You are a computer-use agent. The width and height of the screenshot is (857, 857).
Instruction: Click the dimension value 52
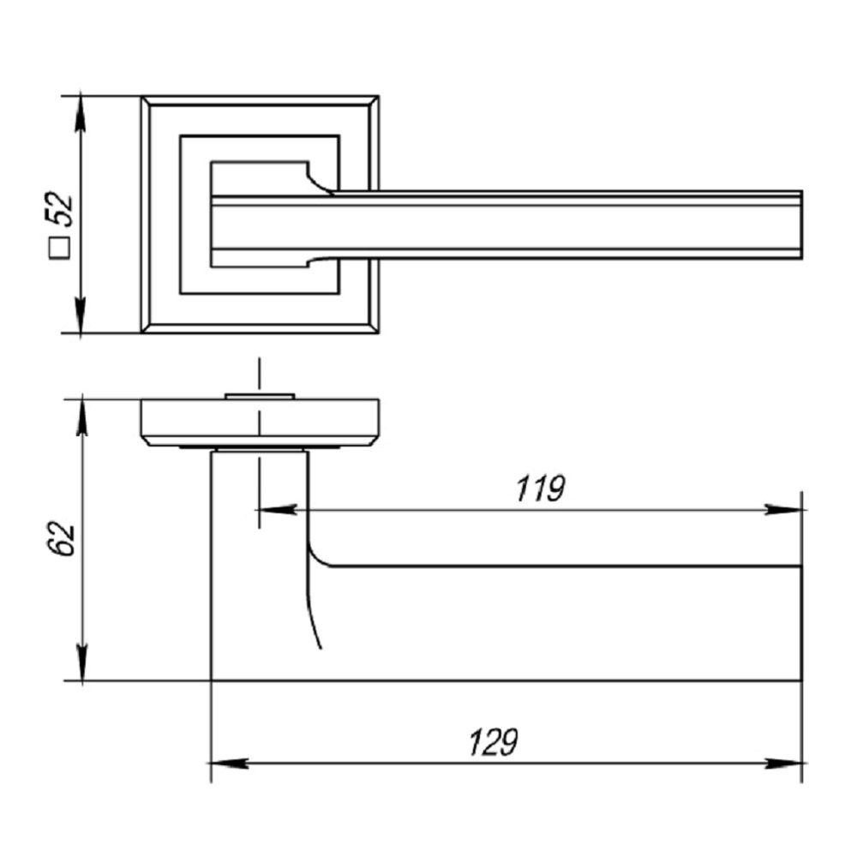pyautogui.click(x=61, y=209)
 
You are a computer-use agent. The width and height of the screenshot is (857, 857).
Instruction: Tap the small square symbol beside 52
pyautogui.click(x=61, y=248)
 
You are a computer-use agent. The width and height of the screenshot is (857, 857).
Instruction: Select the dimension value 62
pyautogui.click(x=62, y=539)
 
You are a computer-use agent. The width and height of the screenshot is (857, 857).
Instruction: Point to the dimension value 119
pyautogui.click(x=541, y=488)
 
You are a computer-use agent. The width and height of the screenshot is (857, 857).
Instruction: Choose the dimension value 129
pyautogui.click(x=493, y=742)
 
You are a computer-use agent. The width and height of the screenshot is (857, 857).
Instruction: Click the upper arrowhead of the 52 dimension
pyautogui.click(x=81, y=112)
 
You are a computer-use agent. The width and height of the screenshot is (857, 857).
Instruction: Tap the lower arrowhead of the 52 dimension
pyautogui.click(x=81, y=315)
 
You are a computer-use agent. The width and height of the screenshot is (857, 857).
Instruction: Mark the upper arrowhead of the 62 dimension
pyautogui.click(x=82, y=417)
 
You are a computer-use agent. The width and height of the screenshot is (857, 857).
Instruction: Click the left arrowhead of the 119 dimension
pyautogui.click(x=277, y=510)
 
